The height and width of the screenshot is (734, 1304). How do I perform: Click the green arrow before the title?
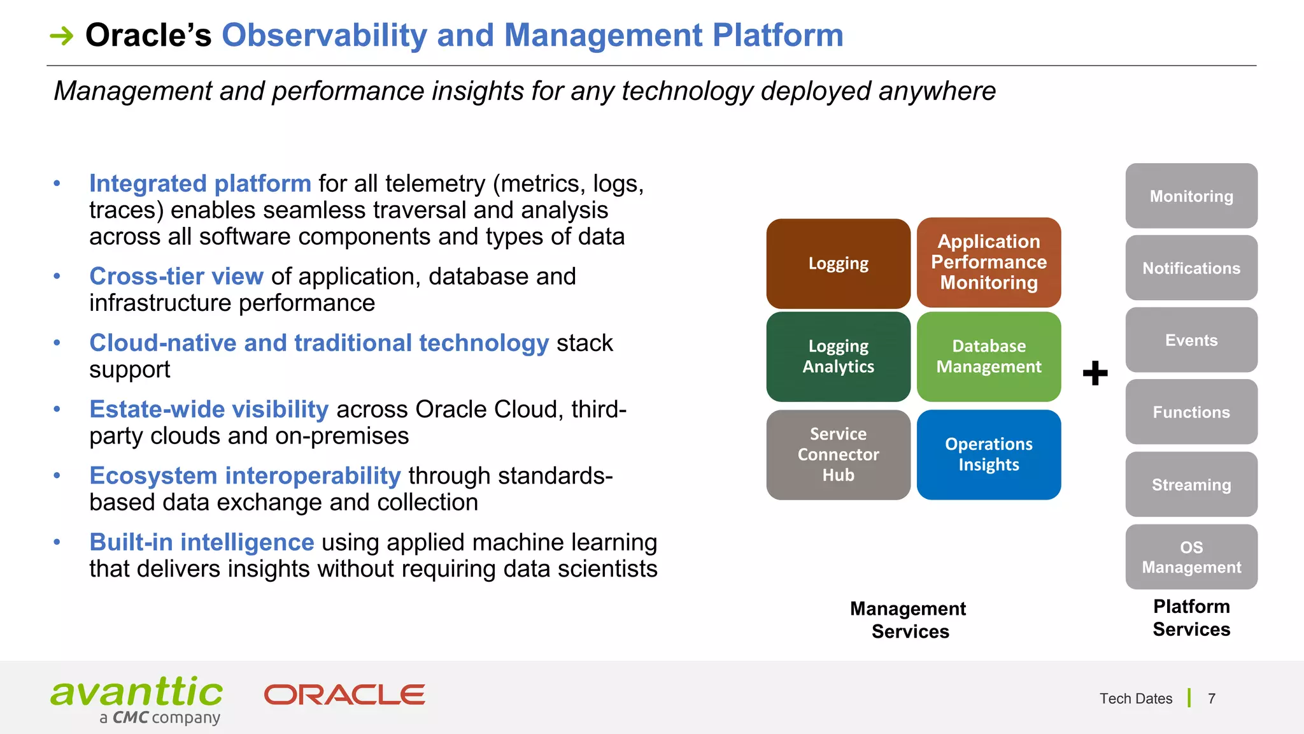click(62, 36)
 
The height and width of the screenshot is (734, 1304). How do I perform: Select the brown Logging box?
click(838, 264)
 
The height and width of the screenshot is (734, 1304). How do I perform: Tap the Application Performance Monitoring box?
click(988, 263)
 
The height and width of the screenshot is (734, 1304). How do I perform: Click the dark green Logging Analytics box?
click(838, 356)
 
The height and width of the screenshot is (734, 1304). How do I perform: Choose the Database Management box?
click(988, 356)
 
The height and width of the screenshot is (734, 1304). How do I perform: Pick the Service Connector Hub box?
click(838, 454)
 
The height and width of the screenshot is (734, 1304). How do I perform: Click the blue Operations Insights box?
click(988, 454)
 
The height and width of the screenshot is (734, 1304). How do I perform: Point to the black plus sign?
click(1095, 373)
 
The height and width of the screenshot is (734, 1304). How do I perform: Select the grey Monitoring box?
click(1191, 196)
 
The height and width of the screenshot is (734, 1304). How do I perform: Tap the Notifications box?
click(1191, 268)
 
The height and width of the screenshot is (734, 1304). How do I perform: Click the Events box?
click(1191, 340)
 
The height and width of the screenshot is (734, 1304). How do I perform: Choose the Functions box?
click(1191, 412)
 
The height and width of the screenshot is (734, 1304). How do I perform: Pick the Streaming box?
click(1191, 485)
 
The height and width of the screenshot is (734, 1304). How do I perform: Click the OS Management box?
click(1191, 557)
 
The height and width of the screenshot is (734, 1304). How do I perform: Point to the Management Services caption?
click(909, 620)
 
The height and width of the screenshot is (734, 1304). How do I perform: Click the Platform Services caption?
click(1191, 617)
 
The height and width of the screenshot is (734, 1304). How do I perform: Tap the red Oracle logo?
click(344, 694)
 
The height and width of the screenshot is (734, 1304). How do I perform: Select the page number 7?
click(1211, 699)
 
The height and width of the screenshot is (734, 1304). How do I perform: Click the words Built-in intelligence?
click(201, 542)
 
